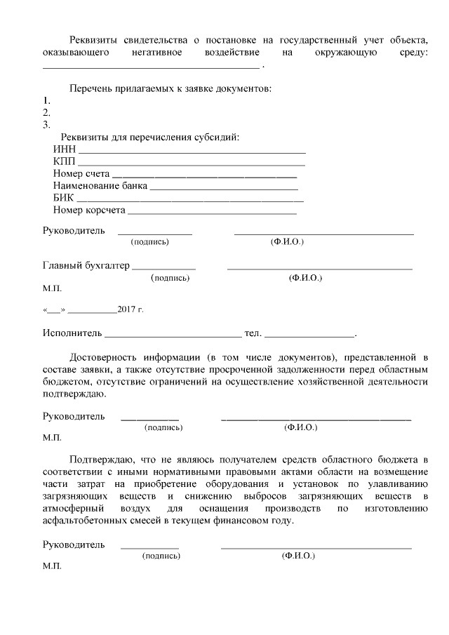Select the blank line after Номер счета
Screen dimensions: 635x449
204,175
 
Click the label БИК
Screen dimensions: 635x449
63,199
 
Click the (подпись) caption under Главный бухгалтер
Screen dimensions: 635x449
170,278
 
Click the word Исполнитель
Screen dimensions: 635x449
72,333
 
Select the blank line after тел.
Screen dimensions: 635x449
309,335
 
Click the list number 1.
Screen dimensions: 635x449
46,100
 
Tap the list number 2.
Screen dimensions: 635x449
46,112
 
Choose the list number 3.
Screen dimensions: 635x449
46,125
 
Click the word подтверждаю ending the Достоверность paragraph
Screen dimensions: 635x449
76,393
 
